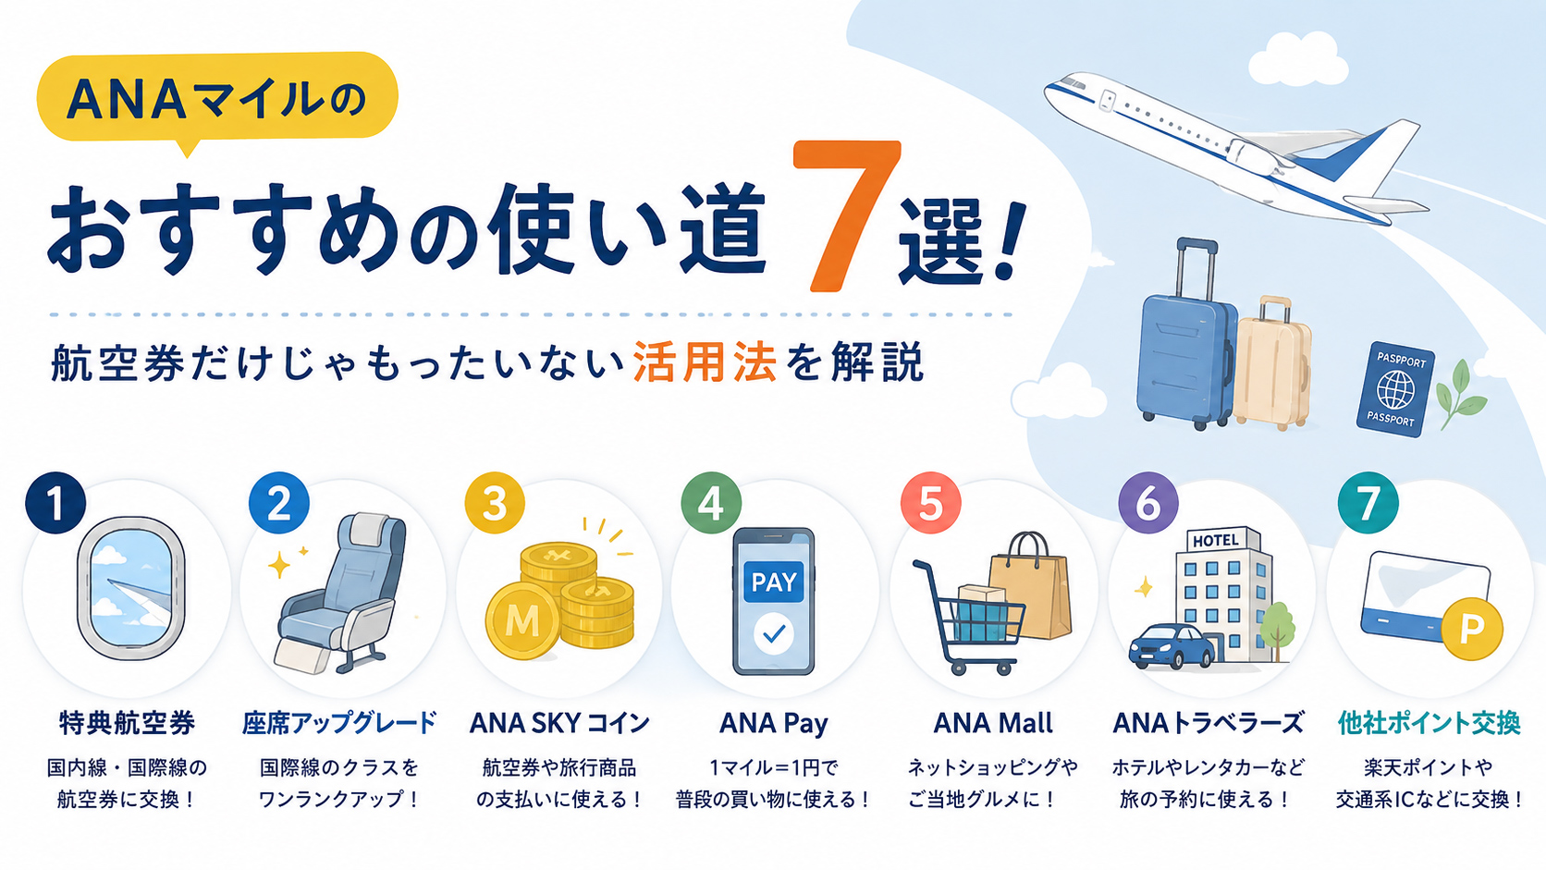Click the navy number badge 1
pos(55,503)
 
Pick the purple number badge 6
pos(1147,503)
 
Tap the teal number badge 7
pos(1368,503)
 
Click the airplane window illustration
pos(130,589)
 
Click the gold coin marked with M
pos(522,621)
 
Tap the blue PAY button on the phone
pos(774,582)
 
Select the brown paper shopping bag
pos(1031,586)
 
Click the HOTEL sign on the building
pos(1216,540)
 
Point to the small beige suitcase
pos(1273,361)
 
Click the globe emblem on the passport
pos(1395,390)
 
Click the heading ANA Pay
pos(774,723)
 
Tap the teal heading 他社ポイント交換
pos(1429,722)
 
